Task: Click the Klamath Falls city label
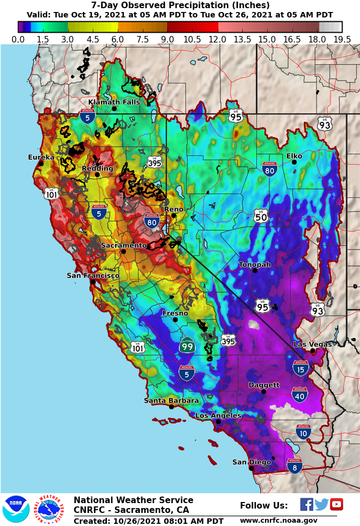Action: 114,102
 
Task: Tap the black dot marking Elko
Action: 294,162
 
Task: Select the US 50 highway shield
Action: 261,215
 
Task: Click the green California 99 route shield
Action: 187,344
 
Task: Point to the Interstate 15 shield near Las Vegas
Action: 301,367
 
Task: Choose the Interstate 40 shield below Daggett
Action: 299,395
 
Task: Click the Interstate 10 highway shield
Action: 303,432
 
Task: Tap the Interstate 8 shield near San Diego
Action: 295,465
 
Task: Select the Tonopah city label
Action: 255,264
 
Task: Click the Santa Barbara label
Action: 171,401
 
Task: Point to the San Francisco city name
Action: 93,276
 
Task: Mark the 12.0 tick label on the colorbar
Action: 218,39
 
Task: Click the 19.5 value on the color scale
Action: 341,39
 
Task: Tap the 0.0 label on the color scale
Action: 18,39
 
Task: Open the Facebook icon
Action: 307,504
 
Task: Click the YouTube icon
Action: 337,504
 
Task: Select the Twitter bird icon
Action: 321,504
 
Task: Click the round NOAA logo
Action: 16,509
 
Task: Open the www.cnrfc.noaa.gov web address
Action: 278,521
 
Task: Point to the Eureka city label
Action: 41,157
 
